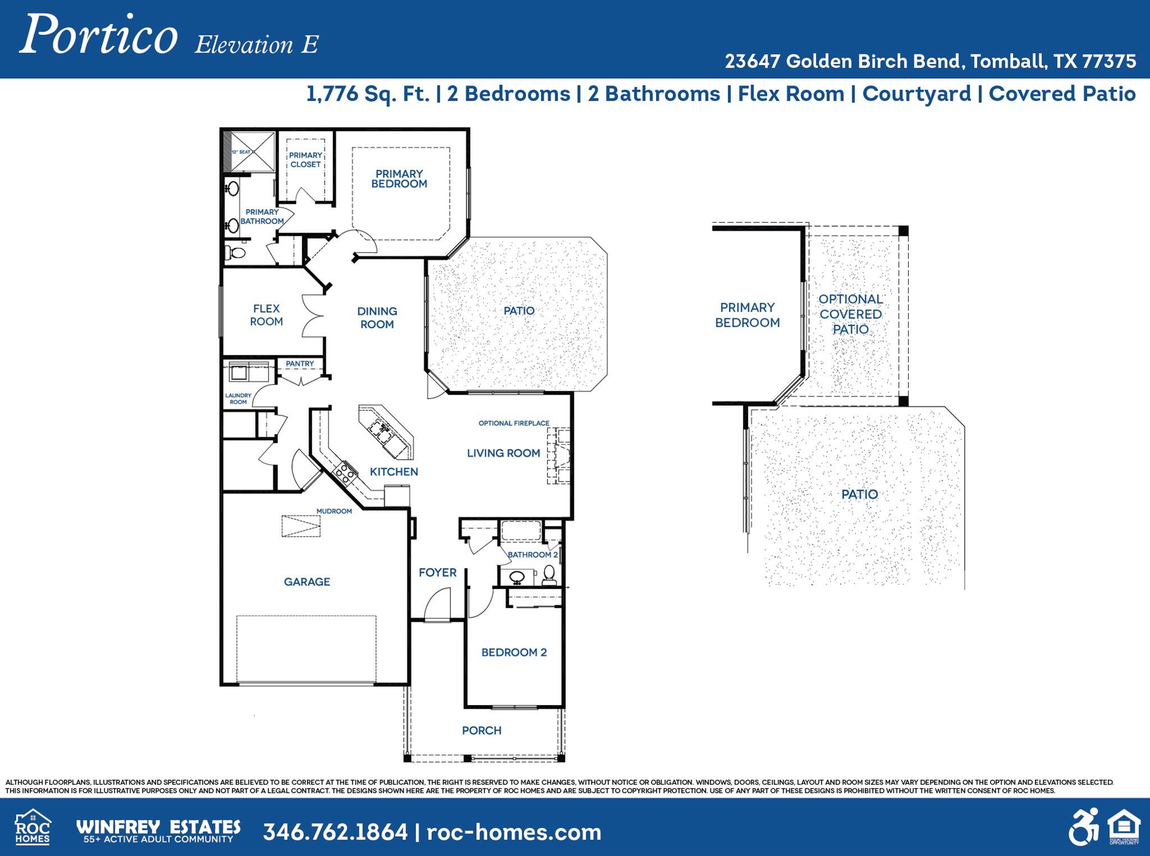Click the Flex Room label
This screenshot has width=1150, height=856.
point(266,315)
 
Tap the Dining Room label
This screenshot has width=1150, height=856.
point(377,318)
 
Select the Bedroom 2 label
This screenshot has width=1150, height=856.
point(514,652)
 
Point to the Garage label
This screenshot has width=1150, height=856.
point(307,582)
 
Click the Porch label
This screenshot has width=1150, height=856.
point(481,730)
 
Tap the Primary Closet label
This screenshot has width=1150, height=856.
point(305,160)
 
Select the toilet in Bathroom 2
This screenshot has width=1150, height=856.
point(549,574)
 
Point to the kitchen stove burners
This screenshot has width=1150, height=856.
point(344,472)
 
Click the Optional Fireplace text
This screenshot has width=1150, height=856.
point(514,423)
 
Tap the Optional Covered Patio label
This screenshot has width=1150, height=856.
point(850,314)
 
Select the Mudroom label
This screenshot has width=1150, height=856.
point(334,511)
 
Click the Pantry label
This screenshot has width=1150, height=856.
point(300,364)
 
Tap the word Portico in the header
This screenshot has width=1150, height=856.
point(99,35)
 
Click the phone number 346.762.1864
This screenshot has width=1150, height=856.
point(335,831)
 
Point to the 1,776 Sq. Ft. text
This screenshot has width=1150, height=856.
point(368,94)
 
